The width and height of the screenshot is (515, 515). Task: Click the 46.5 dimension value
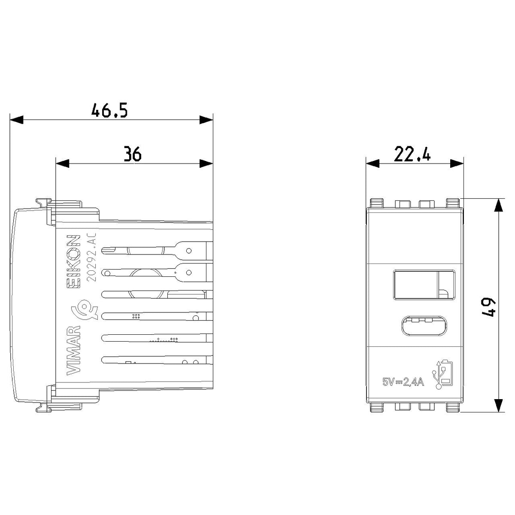(109, 110)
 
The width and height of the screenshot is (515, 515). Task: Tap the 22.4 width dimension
(412, 154)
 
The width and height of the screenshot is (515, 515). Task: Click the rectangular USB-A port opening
(424, 285)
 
